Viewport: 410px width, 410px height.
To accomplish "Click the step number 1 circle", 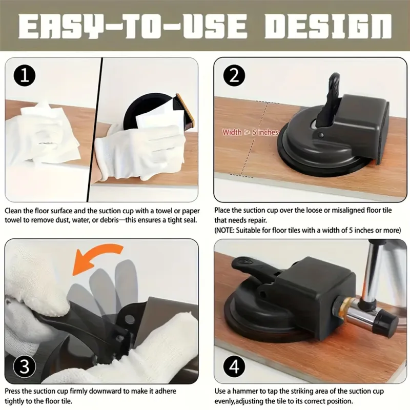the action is pyautogui.click(x=25, y=75).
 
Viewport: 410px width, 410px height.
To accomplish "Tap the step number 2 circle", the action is pyautogui.click(x=234, y=75).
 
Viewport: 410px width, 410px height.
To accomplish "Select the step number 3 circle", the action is pyautogui.click(x=24, y=366).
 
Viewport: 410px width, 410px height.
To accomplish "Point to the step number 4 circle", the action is pyautogui.click(x=234, y=366).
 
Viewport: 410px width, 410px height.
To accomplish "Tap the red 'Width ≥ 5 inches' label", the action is pyautogui.click(x=250, y=132).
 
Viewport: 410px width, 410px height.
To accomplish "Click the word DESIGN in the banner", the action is pyautogui.click(x=328, y=26).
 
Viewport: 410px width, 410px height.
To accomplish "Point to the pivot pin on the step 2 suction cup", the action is pyautogui.click(x=321, y=135).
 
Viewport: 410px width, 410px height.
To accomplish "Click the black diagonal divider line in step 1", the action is pyautogui.click(x=95, y=130).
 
